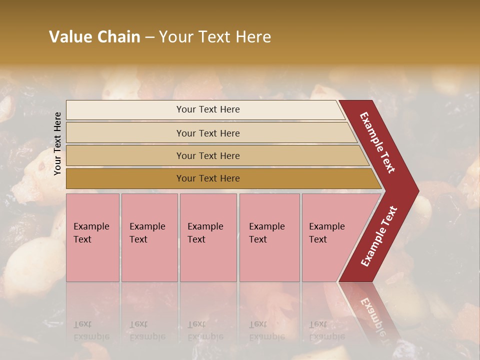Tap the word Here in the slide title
tap(253, 37)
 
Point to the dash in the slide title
tap(149, 37)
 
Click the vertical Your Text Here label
tap(57, 143)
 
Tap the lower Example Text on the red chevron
tap(379, 236)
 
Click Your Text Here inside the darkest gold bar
tap(208, 178)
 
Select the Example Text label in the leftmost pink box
tap(91, 232)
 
